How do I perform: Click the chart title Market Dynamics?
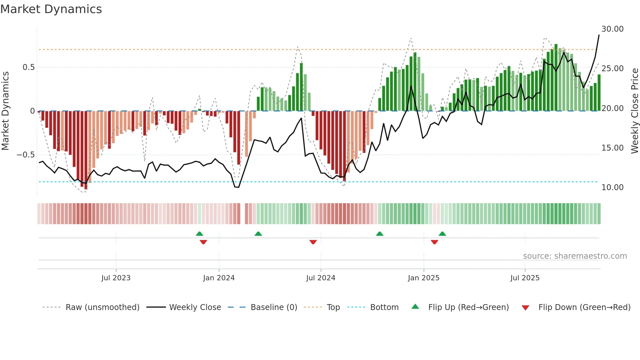pos(51,9)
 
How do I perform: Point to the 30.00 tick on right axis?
pos(612,29)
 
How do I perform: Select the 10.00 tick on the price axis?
pos(612,188)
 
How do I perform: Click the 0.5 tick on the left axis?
pos(28,67)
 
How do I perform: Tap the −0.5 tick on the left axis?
pos(26,155)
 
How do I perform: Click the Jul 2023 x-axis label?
pos(116,278)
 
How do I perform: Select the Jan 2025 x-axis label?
pos(424,278)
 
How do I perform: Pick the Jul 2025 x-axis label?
pos(525,278)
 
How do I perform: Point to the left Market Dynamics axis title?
pos(5,111)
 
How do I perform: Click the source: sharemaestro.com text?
pos(575,256)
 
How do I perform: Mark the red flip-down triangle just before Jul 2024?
pos(313,242)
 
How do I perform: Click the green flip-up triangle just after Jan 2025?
pos(442,234)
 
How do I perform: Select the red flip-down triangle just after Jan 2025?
pos(434,242)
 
